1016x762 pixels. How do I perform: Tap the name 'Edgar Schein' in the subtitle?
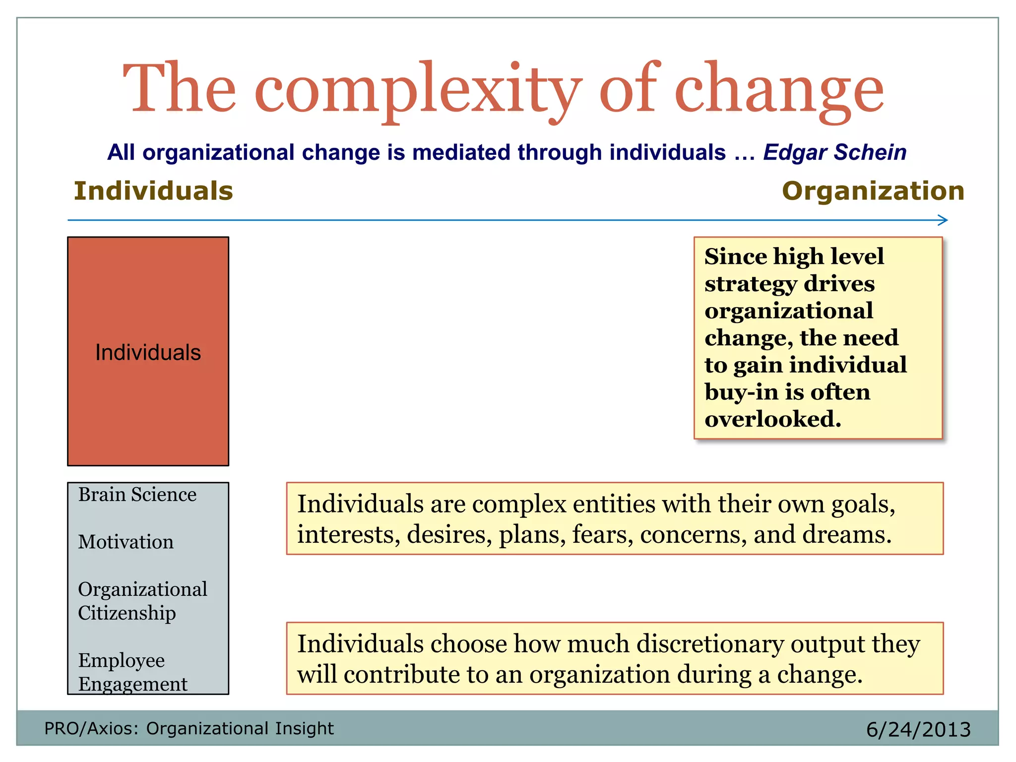click(834, 152)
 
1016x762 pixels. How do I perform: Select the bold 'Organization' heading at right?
click(873, 191)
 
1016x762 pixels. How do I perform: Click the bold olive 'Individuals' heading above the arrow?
click(153, 191)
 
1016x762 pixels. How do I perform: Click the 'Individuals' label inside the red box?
click(148, 353)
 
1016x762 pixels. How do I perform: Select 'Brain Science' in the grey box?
click(137, 495)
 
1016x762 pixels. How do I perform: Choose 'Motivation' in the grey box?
click(126, 542)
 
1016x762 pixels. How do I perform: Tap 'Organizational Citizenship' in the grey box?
click(142, 601)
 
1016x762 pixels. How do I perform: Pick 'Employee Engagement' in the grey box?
click(132, 672)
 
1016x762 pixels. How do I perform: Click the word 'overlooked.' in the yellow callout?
click(773, 419)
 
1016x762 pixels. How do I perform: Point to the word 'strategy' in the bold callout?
click(751, 284)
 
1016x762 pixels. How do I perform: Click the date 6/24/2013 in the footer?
click(918, 730)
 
